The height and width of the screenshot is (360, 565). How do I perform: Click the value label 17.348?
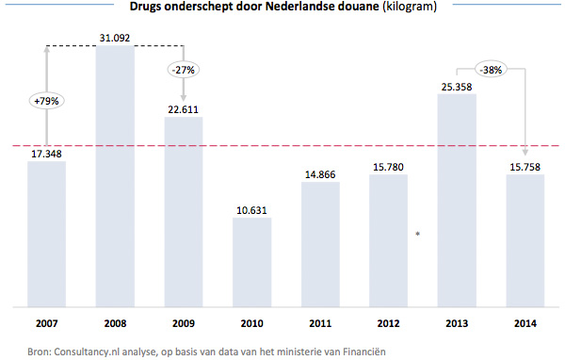pos(46,153)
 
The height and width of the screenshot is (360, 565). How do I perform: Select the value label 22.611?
pos(183,109)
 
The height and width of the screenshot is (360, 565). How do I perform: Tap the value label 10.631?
pos(251,210)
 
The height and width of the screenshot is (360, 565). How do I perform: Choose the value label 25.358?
pos(457,86)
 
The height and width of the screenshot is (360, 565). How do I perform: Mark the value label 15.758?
pos(525,167)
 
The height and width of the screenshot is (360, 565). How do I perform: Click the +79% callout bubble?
pos(46,102)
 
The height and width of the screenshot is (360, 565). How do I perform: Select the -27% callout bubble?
pos(183,69)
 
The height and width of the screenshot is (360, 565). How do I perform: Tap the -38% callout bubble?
pos(490,68)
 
